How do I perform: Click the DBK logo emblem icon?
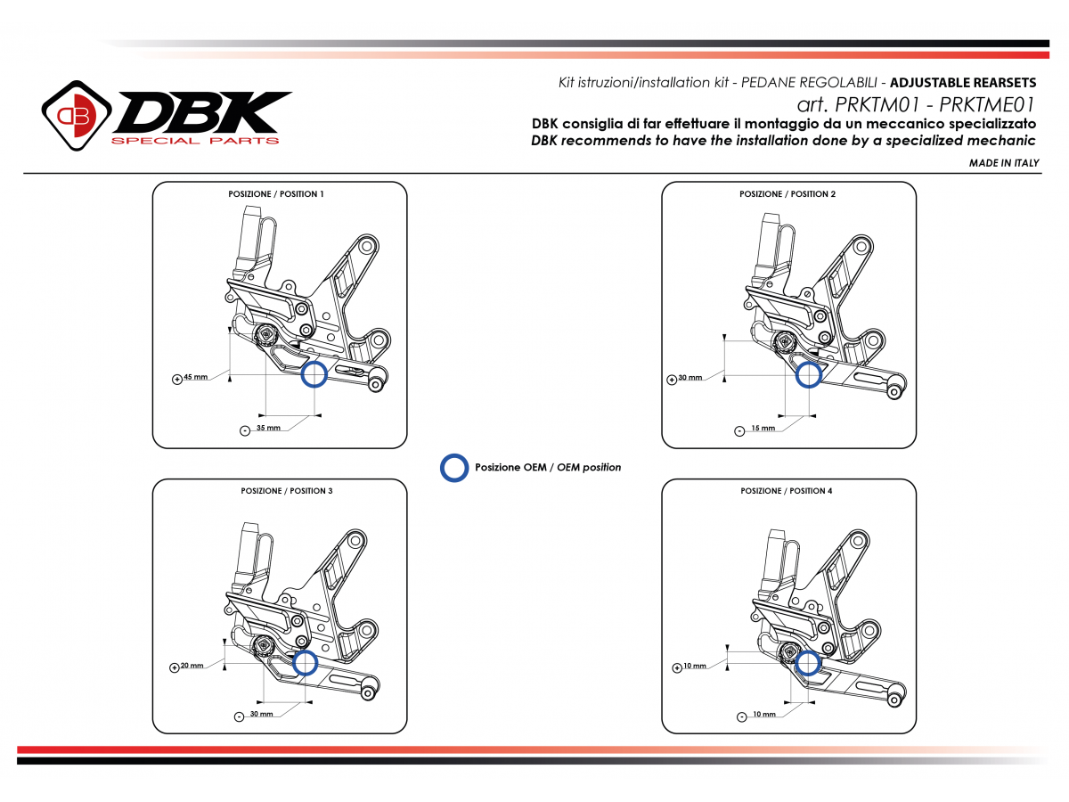click(75, 116)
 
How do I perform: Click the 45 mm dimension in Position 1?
click(196, 377)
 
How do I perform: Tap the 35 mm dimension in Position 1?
click(268, 429)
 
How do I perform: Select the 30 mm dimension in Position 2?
click(690, 378)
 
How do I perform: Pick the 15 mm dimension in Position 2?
click(763, 429)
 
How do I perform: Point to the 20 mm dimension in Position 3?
click(192, 666)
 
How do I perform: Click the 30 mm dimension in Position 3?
click(262, 715)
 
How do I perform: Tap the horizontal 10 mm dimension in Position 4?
click(763, 715)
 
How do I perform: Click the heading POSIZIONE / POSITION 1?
click(277, 193)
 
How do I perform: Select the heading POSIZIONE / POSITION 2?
click(787, 193)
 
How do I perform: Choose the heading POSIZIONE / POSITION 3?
click(286, 491)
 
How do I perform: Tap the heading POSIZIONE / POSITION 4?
click(787, 491)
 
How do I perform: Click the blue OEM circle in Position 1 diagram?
click(314, 374)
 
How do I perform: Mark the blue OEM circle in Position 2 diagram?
click(808, 374)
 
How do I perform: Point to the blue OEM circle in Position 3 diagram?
click(305, 662)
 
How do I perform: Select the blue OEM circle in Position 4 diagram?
click(808, 662)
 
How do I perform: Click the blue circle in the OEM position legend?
click(454, 468)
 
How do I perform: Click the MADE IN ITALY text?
click(1004, 163)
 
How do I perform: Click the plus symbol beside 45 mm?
click(176, 378)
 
